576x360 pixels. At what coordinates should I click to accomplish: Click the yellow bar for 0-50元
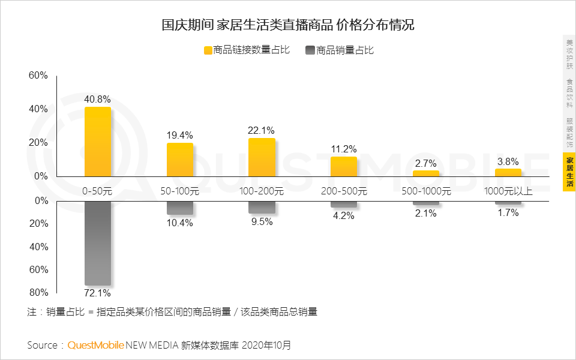[98, 142]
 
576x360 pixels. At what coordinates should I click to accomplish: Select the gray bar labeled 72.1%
[98, 243]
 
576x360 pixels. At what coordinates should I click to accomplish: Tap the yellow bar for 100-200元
[262, 157]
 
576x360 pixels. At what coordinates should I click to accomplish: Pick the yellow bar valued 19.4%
[180, 160]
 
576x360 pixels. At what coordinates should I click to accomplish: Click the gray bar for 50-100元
[180, 208]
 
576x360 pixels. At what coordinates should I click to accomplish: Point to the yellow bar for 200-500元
[344, 166]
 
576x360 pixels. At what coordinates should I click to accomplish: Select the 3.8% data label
[508, 161]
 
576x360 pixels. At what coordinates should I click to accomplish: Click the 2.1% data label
[425, 212]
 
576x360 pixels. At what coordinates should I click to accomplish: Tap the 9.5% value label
[262, 221]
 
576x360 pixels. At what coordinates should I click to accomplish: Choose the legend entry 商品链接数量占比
[247, 50]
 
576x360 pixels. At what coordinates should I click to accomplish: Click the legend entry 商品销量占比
[339, 50]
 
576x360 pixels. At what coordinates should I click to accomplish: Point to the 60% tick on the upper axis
[38, 76]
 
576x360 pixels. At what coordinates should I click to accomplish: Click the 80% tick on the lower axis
[38, 293]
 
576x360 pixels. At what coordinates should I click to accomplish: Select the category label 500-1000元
[425, 191]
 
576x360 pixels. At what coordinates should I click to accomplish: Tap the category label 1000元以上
[508, 191]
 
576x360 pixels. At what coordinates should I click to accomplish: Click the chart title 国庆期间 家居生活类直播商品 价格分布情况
[288, 25]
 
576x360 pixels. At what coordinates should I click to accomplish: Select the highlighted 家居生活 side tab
[569, 172]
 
